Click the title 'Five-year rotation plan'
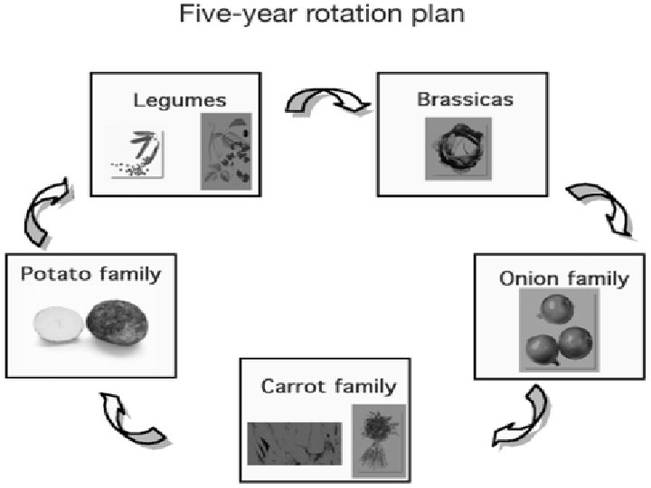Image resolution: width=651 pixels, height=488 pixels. (x=325, y=15)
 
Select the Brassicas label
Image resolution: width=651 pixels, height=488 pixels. (x=465, y=99)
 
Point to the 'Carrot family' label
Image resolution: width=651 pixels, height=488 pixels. (x=328, y=387)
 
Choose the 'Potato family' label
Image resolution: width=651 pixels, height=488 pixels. (x=89, y=273)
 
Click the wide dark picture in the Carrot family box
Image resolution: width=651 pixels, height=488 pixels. (x=295, y=443)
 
